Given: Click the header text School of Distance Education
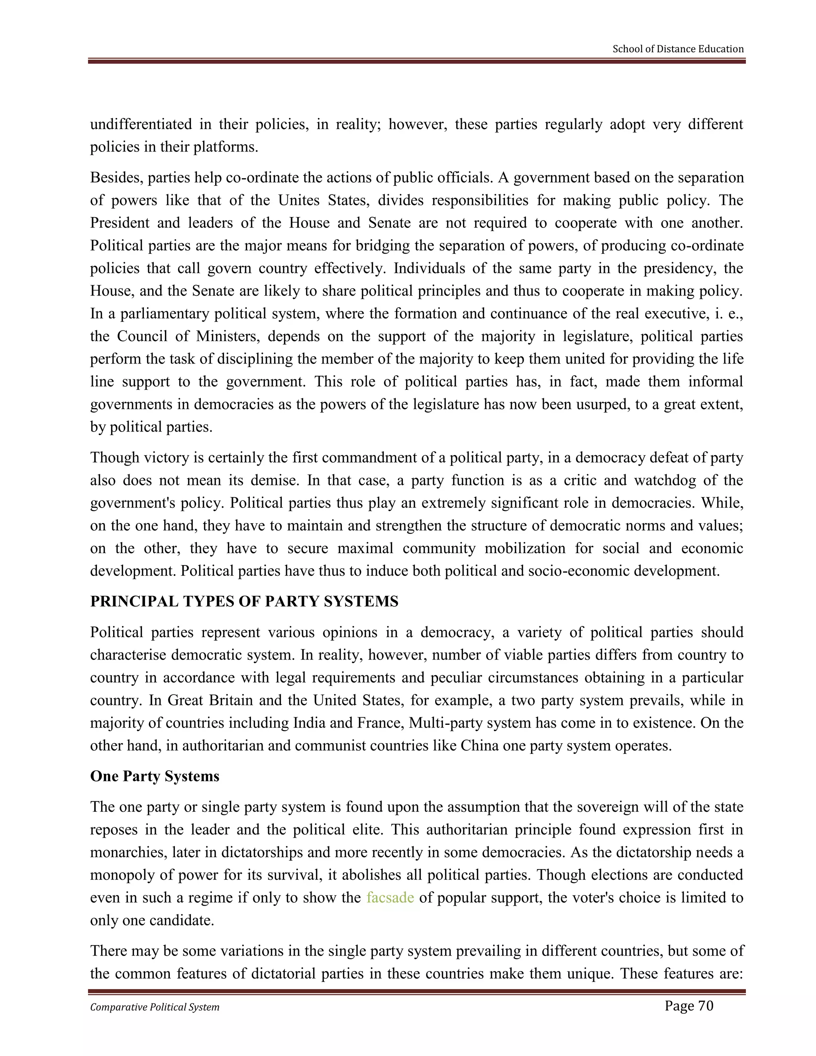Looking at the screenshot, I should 678,49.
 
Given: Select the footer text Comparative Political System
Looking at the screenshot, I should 155,1007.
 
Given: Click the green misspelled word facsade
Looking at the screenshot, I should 390,898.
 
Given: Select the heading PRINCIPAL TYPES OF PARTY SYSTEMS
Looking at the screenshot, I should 244,601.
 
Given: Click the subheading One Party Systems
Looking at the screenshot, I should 155,776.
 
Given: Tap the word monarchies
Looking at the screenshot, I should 127,852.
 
